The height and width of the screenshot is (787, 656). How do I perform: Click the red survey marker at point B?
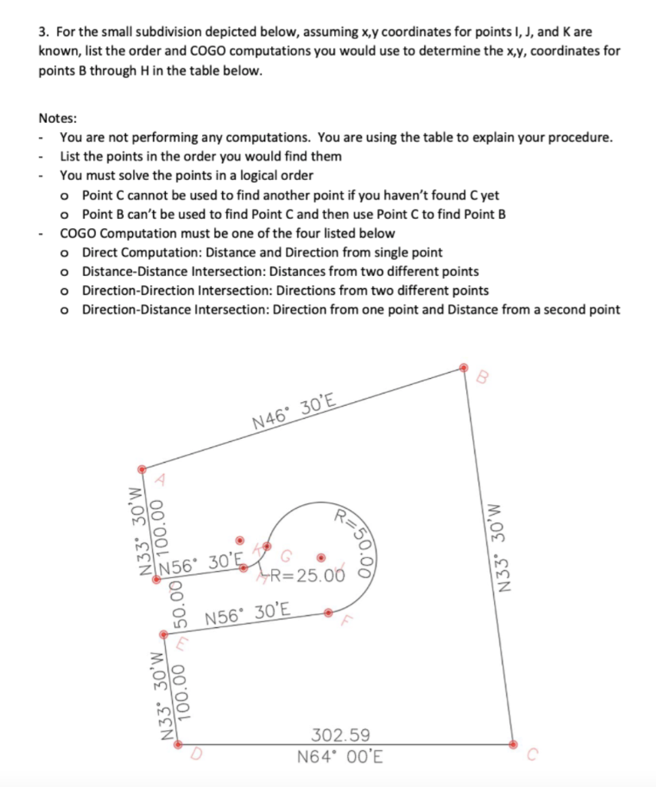click(463, 367)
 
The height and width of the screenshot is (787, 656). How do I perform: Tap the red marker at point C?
click(514, 743)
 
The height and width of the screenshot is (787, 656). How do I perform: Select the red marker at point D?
click(178, 744)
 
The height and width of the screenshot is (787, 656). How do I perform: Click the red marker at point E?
click(163, 635)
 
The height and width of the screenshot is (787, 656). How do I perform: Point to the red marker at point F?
click(328, 613)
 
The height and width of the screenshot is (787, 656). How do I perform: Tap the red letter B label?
click(482, 377)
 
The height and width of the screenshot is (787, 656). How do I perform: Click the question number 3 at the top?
click(44, 34)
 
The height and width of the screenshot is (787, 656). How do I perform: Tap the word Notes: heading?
click(57, 119)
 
